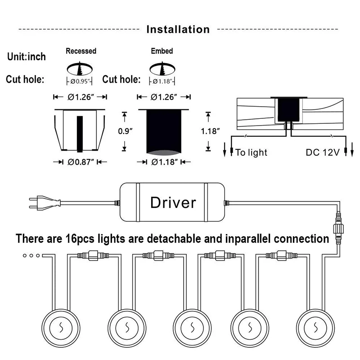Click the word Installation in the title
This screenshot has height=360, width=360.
click(178, 30)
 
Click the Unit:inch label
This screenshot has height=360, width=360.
click(27, 57)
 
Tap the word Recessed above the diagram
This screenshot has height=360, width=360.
click(81, 51)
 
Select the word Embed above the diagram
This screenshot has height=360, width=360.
click(162, 51)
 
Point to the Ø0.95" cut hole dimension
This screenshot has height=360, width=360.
click(80, 81)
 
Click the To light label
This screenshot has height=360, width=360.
click(251, 153)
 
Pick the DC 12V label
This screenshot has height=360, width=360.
click(323, 153)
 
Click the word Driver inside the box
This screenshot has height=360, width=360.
click(173, 202)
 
